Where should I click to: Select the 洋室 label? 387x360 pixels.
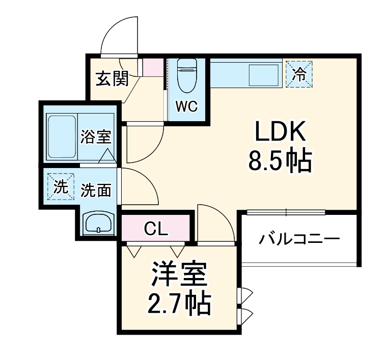pyautogui.click(x=179, y=277)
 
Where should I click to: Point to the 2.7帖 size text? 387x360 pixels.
pyautogui.click(x=179, y=304)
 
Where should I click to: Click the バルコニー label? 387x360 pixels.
pyautogui.click(x=299, y=239)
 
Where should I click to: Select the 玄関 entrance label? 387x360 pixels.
pyautogui.click(x=112, y=79)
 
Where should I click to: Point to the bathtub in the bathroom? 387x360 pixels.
pyautogui.click(x=61, y=136)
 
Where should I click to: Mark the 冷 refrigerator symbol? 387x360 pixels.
pyautogui.click(x=299, y=74)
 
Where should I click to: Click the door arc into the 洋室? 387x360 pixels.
pyautogui.click(x=214, y=221)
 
